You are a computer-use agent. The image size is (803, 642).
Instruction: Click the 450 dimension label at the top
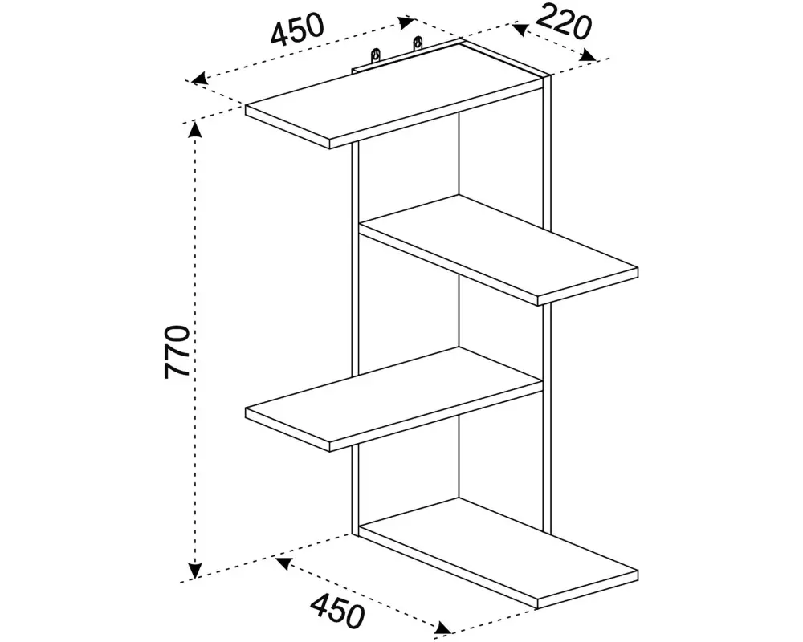click(x=297, y=29)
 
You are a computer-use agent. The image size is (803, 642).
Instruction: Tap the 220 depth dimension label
click(x=564, y=22)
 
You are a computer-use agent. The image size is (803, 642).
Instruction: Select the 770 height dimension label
click(x=177, y=351)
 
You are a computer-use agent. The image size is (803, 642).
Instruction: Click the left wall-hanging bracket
click(x=376, y=55)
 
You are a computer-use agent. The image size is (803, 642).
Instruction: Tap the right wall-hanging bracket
click(x=418, y=44)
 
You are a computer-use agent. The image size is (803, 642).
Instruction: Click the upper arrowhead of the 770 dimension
click(x=194, y=130)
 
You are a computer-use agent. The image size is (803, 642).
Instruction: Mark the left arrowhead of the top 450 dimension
click(x=198, y=79)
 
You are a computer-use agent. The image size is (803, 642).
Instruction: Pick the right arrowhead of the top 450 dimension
click(x=406, y=23)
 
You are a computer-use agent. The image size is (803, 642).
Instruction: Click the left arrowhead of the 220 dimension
click(x=520, y=29)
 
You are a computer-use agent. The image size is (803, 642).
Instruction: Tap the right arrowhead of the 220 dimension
click(x=588, y=55)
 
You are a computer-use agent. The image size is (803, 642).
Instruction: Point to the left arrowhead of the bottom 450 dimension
click(x=283, y=563)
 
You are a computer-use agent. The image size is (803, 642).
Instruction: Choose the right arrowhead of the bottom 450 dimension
click(x=442, y=626)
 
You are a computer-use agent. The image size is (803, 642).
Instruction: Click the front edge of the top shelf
click(x=287, y=127)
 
